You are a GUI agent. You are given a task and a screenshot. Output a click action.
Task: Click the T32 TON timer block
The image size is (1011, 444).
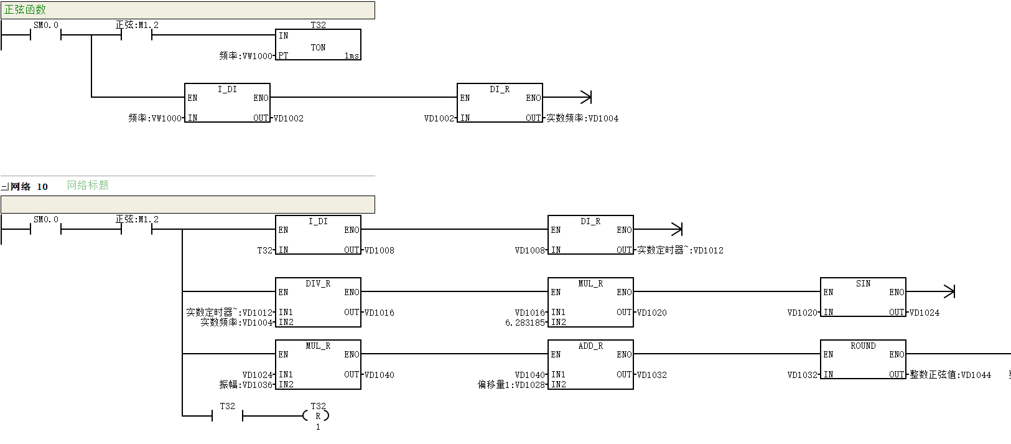coord(318,44)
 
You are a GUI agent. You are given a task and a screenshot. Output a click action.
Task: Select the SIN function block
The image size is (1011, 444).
coord(863,297)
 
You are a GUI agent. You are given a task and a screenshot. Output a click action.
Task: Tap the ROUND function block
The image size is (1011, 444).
coord(863,359)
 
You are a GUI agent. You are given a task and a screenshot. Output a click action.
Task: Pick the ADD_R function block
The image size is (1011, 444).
coord(590,364)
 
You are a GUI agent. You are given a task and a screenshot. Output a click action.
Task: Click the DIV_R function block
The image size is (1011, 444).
coord(318,302)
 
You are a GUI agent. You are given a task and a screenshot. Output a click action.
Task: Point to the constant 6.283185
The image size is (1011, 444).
coord(525,323)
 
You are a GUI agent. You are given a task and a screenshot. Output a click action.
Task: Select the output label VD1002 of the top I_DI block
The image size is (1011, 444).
coord(289,118)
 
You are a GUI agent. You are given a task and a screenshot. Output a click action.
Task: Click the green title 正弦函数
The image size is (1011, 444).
coord(26,9)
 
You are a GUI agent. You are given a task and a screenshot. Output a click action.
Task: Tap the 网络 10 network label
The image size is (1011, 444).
coord(29,187)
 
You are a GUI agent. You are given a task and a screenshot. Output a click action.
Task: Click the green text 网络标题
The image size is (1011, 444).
coord(88,185)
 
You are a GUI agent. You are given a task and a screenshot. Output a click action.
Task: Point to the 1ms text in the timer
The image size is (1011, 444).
coord(352,55)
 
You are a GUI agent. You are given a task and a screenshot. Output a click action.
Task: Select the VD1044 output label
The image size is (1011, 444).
coord(950,374)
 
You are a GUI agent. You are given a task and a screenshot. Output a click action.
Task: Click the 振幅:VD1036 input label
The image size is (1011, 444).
coord(246,384)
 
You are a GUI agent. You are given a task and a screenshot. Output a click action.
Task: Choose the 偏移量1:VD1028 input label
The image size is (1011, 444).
coord(511,384)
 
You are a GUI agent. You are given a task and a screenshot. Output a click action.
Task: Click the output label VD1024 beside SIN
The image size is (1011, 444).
coord(924,313)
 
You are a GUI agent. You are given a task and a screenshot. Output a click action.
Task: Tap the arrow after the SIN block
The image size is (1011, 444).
coord(931,291)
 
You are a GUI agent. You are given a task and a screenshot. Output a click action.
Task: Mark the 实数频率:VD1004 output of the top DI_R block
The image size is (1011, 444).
coord(582,118)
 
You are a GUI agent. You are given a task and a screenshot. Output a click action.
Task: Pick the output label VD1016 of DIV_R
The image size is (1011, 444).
coord(379,313)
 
